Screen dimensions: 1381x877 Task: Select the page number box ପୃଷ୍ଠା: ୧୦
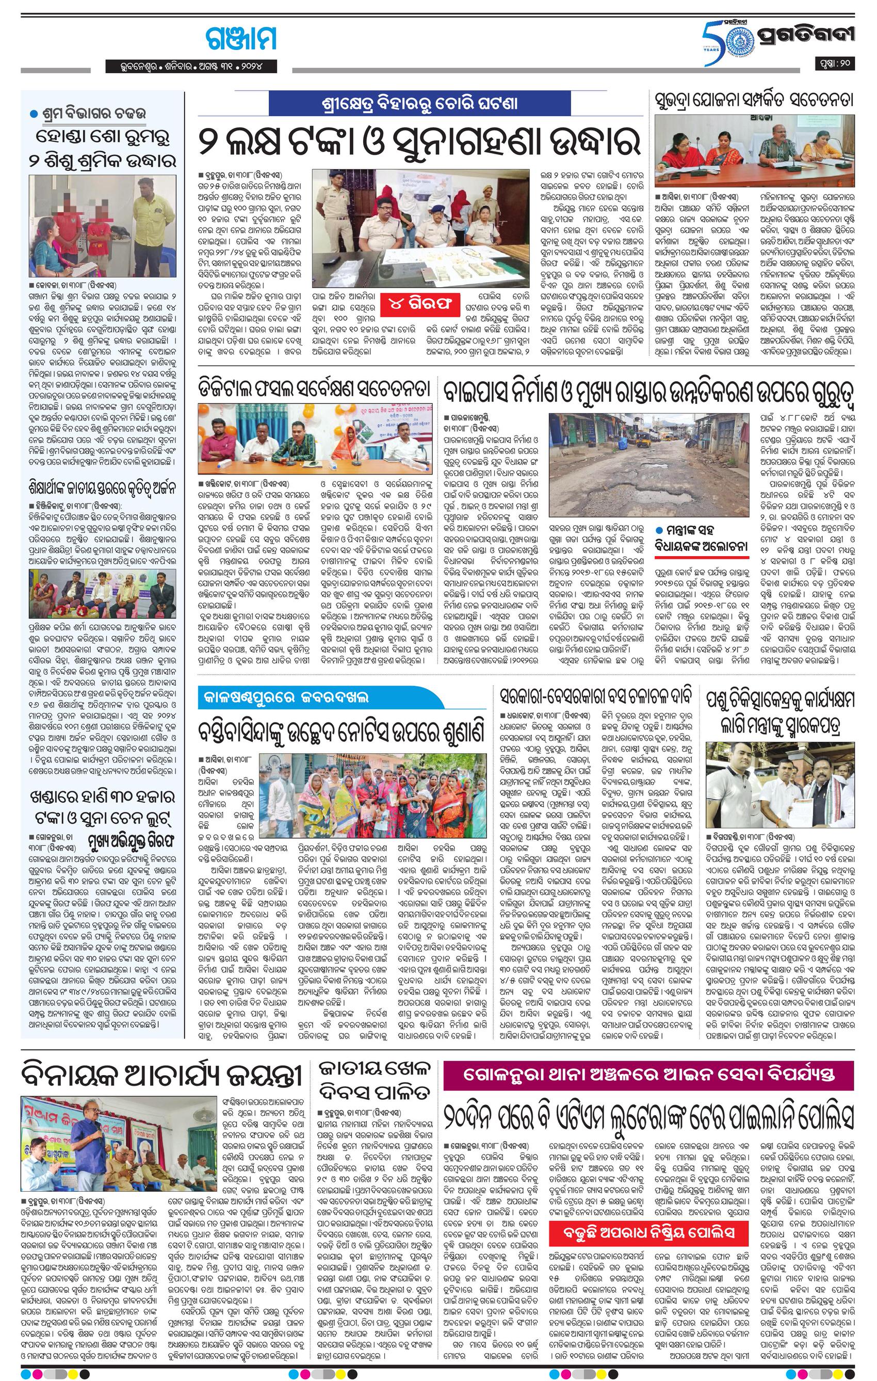pyautogui.click(x=835, y=63)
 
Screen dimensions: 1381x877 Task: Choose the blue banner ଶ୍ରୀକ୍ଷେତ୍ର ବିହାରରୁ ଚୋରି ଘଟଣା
pyautogui.click(x=419, y=104)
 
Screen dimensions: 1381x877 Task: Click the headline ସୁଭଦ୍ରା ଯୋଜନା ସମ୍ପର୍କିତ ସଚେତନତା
pyautogui.click(x=754, y=99)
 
